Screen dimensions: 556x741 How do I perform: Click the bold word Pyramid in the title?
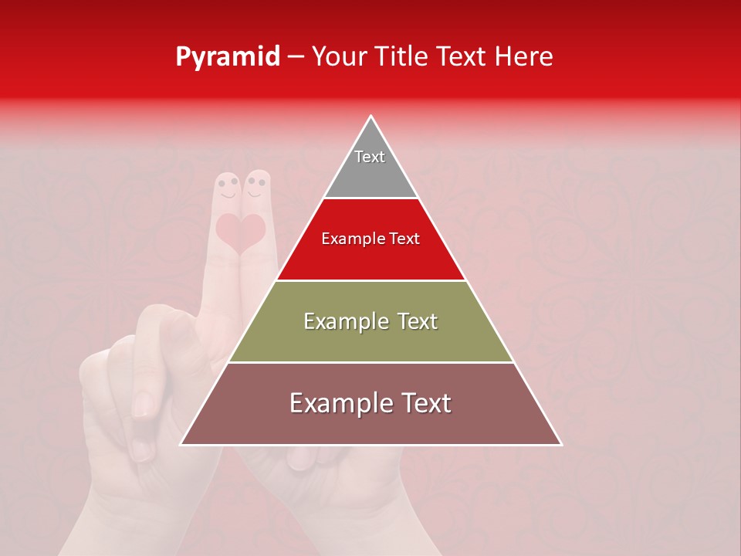pos(228,57)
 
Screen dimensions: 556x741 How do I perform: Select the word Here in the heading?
pos(524,57)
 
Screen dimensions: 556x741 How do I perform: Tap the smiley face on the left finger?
pos(227,188)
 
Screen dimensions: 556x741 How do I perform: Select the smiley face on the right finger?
pos(256,186)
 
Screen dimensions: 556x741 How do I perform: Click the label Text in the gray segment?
pos(370,157)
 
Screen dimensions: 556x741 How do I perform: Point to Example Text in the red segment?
pos(370,239)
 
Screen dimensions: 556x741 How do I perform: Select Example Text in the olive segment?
pos(370,321)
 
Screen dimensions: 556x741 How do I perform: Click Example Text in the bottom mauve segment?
pos(370,403)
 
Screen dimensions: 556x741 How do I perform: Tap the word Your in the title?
pos(340,57)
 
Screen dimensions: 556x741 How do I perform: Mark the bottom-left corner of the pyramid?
pos(181,444)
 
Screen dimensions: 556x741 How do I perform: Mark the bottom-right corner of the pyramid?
pos(561,444)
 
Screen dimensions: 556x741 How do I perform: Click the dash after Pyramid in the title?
pos(296,57)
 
